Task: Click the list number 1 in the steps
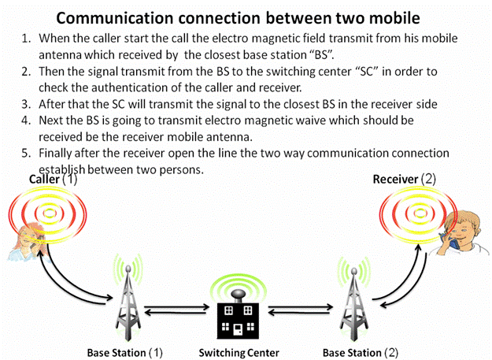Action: [26, 38]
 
